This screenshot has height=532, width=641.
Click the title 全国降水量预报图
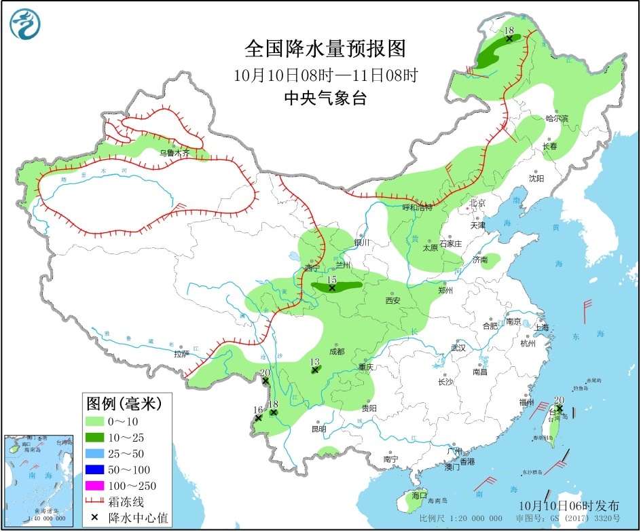click(325, 49)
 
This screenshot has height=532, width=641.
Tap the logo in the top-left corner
click(25, 24)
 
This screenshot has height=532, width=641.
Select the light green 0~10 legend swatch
click(94, 421)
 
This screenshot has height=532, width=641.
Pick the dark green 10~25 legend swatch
click(94, 437)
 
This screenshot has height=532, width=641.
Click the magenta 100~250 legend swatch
click(94, 485)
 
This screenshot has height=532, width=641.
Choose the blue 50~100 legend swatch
click(94, 469)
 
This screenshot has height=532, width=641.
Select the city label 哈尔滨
click(557, 118)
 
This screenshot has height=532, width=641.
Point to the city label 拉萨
click(181, 354)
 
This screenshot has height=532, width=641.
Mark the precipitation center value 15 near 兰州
click(332, 280)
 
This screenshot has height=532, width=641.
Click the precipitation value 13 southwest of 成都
click(314, 362)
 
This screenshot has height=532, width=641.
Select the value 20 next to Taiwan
click(559, 400)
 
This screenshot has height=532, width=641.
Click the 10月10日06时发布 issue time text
click(569, 506)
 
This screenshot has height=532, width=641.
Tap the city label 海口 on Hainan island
click(419, 495)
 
